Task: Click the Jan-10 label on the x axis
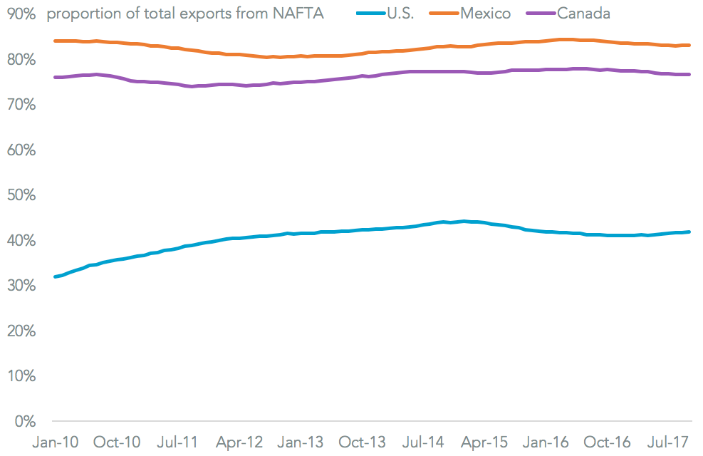click(x=54, y=442)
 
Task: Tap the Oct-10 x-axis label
click(x=117, y=442)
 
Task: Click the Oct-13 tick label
click(x=363, y=442)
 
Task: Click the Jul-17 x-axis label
click(x=670, y=442)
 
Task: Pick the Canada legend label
click(x=584, y=14)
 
